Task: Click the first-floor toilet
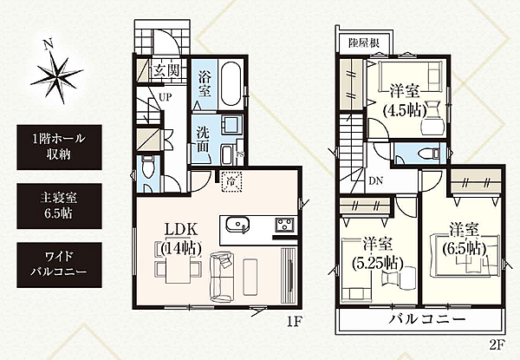148,174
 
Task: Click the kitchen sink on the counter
237,227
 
